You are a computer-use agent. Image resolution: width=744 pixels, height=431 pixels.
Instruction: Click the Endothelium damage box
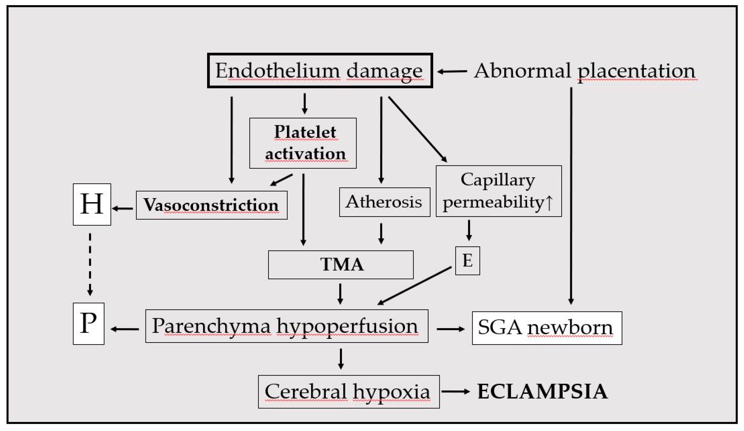320,71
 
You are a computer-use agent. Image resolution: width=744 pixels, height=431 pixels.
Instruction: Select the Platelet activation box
303,143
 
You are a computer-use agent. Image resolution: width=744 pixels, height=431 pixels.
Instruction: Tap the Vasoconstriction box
212,205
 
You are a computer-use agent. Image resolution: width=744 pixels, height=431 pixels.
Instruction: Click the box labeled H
92,204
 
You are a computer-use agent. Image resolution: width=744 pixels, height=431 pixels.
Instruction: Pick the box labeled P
89,324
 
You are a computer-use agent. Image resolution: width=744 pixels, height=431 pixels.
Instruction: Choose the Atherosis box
385,202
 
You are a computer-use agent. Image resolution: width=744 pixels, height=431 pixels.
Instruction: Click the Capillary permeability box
499,191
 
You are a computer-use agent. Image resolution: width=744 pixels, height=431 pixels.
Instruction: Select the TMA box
341,265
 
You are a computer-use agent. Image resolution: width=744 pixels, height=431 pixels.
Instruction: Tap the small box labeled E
468,261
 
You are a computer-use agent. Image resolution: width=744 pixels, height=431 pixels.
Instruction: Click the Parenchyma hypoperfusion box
287,326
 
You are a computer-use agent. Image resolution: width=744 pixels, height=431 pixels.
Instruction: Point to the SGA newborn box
547,328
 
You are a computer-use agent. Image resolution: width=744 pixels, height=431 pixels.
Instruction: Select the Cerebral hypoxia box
349,392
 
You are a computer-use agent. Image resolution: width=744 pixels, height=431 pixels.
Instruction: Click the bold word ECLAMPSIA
543,392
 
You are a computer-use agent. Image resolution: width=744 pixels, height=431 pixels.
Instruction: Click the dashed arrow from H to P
90,264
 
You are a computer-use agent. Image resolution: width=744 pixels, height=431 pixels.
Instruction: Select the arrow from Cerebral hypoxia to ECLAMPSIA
456,392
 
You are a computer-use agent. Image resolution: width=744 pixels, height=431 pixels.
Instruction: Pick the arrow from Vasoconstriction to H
122,209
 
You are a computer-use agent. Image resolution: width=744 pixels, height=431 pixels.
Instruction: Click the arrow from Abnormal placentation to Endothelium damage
452,71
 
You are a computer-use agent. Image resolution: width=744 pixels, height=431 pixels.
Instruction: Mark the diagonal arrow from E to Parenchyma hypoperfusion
415,285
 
